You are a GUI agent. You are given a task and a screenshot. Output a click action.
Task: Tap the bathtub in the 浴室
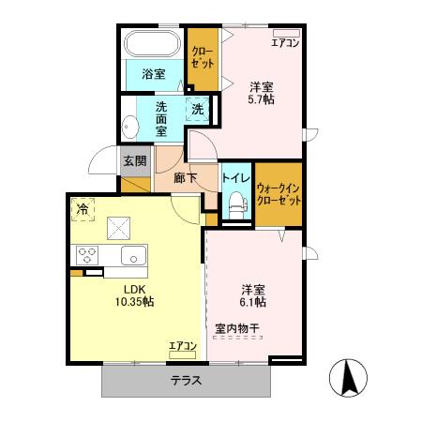(154, 43)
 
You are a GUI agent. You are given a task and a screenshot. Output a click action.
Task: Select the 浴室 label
(154, 73)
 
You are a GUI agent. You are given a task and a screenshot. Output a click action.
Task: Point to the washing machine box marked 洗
(198, 109)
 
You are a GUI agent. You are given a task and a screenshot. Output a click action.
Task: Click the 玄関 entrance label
(131, 160)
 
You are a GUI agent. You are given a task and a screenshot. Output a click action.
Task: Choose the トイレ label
(234, 174)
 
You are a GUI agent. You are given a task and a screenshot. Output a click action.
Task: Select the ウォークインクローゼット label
(279, 194)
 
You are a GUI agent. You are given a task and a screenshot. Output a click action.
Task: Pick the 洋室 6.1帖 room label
(253, 295)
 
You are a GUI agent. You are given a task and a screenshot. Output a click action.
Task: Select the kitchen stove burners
(88, 253)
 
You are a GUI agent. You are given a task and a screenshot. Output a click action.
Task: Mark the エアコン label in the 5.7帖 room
(284, 42)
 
